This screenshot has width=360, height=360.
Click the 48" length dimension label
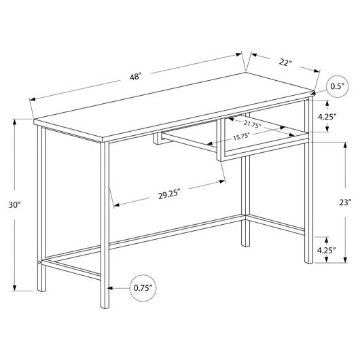(x=135, y=76)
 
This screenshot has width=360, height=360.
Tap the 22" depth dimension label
(x=285, y=62)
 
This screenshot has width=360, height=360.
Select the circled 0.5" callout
(x=338, y=86)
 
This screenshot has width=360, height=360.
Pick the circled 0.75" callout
(x=143, y=288)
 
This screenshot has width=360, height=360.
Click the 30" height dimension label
(x=15, y=204)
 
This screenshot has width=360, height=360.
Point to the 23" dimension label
(x=345, y=202)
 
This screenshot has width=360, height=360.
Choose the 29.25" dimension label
(x=169, y=195)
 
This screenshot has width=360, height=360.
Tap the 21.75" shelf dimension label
(x=253, y=124)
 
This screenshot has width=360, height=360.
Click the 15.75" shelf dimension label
(x=241, y=137)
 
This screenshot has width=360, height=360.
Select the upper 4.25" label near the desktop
(x=327, y=117)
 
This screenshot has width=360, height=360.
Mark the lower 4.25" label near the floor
(x=327, y=250)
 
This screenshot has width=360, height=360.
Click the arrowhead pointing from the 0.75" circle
(x=110, y=288)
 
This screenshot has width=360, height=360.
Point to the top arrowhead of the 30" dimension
(x=15, y=122)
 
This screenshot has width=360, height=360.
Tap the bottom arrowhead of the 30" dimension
(x=15, y=288)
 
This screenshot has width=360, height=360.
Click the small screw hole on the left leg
(x=39, y=262)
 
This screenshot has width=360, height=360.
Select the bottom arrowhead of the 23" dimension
(x=345, y=260)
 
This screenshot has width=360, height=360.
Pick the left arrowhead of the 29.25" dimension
(x=117, y=205)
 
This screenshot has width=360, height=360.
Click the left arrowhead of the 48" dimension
(x=33, y=99)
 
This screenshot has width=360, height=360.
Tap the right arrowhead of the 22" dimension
(x=317, y=71)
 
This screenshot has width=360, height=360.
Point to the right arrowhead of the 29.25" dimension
(x=222, y=181)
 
